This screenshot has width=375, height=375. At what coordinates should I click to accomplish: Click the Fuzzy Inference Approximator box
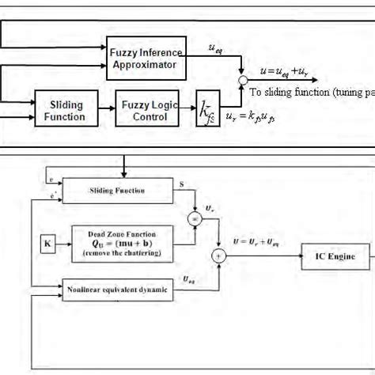pos(146,58)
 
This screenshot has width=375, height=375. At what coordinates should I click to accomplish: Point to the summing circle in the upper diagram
pos(242,80)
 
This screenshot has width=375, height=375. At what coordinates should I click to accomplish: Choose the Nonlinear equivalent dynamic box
pos(116,290)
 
